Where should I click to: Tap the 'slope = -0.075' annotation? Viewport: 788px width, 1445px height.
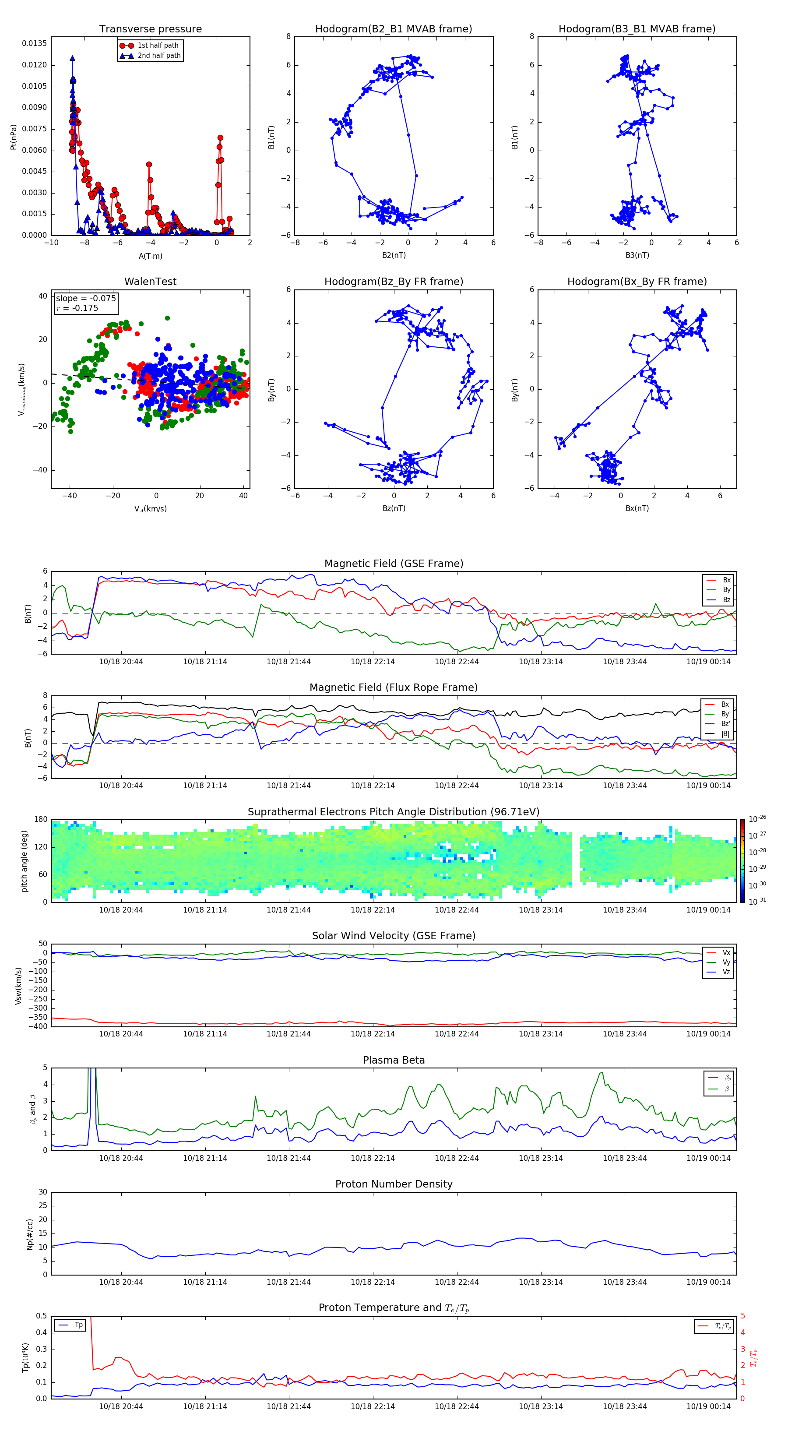pyautogui.click(x=86, y=299)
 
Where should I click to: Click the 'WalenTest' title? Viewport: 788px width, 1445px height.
pyautogui.click(x=150, y=282)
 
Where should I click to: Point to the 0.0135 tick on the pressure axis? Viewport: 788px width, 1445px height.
pyautogui.click(x=34, y=44)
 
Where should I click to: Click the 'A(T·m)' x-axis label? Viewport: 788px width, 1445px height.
pyautogui.click(x=150, y=256)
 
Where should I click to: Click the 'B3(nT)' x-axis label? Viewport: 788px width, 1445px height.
pyautogui.click(x=637, y=255)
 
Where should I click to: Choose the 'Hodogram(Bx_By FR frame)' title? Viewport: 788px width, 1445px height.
pyautogui.click(x=637, y=282)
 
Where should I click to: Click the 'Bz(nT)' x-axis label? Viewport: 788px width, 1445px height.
pyautogui.click(x=394, y=508)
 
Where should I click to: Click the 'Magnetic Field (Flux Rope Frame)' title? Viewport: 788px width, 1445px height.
pyautogui.click(x=393, y=688)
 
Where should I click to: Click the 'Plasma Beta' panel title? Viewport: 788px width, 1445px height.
pyautogui.click(x=393, y=1060)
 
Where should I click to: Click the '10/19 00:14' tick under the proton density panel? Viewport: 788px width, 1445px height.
pyautogui.click(x=708, y=1282)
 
